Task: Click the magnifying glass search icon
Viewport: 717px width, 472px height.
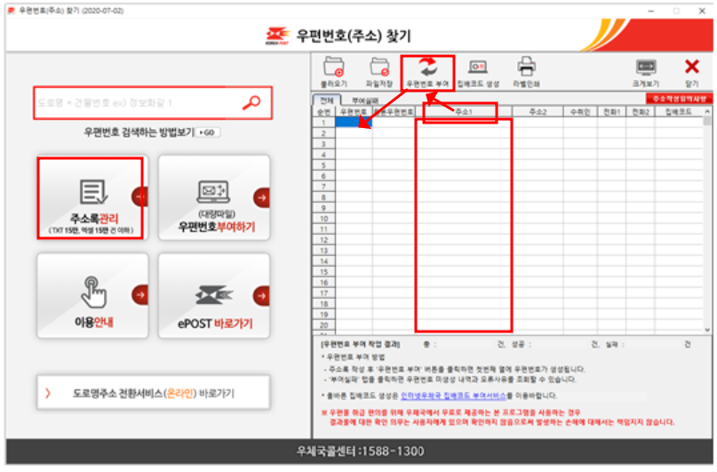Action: click(x=251, y=103)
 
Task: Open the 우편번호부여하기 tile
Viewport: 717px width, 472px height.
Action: click(x=214, y=197)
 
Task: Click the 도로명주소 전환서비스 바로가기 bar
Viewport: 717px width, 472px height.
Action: click(x=152, y=392)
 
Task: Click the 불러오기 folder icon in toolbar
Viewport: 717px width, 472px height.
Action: click(x=334, y=68)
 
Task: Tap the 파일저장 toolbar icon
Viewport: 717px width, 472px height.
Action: click(x=379, y=68)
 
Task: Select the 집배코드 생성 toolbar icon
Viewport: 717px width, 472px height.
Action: click(x=478, y=68)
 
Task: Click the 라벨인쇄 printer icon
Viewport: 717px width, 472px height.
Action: click(x=526, y=68)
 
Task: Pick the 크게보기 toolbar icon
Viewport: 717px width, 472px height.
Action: click(x=645, y=68)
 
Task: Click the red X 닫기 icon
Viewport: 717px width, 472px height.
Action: click(x=691, y=68)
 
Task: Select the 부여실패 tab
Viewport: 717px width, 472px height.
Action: click(x=363, y=100)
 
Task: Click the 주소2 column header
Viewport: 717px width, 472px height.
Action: click(x=538, y=112)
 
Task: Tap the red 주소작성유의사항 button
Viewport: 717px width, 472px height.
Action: click(x=679, y=99)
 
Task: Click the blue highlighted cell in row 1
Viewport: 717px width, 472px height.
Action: click(x=353, y=123)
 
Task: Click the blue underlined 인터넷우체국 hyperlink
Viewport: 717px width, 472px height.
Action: click(x=458, y=396)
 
